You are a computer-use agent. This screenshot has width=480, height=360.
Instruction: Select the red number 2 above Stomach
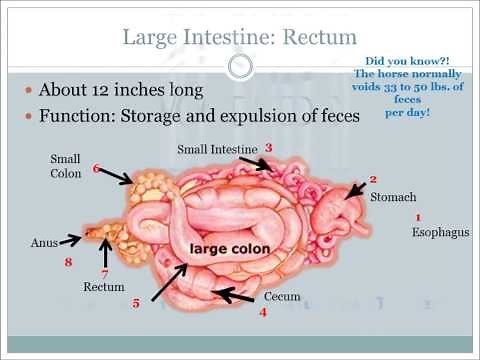(x=373, y=179)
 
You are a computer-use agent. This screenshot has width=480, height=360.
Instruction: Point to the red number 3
(x=269, y=148)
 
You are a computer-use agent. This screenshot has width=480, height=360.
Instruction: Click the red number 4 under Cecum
(x=263, y=313)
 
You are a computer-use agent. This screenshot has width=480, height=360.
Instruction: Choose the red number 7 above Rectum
(x=103, y=272)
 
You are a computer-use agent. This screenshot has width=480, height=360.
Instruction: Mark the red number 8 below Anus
(x=68, y=263)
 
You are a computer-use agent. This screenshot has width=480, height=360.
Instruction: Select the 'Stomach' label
(x=393, y=197)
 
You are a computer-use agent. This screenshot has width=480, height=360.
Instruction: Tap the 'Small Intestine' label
(x=217, y=150)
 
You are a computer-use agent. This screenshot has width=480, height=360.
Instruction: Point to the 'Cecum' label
(x=282, y=297)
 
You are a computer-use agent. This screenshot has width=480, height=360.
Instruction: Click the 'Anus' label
(x=45, y=241)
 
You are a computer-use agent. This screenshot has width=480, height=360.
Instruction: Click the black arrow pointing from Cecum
(x=235, y=295)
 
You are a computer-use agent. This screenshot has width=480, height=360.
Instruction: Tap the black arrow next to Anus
(x=77, y=240)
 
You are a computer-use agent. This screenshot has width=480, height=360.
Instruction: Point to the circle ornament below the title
(x=239, y=68)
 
